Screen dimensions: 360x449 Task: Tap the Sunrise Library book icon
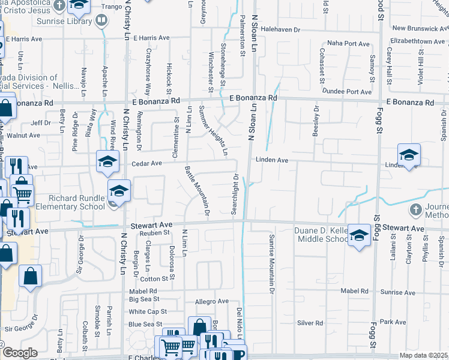pyautogui.click(x=102, y=22)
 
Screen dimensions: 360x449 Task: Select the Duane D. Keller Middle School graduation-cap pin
pyautogui.click(x=359, y=235)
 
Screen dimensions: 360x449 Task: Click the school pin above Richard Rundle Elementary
pyautogui.click(x=119, y=190)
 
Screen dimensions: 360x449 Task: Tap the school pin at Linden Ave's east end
pyautogui.click(x=409, y=155)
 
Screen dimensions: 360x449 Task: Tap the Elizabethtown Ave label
pyautogui.click(x=417, y=41)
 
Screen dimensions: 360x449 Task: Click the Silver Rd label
pyautogui.click(x=310, y=323)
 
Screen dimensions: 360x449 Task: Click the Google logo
pyautogui.click(x=19, y=353)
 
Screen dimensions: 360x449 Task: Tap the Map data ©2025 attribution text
pyautogui.click(x=423, y=355)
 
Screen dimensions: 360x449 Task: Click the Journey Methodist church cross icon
pyautogui.click(x=415, y=210)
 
